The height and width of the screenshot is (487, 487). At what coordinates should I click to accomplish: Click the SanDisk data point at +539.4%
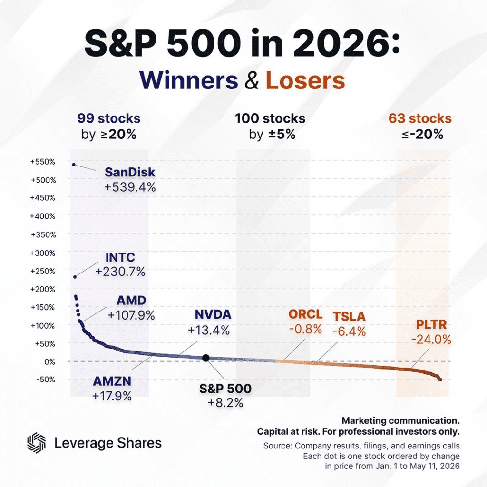(x=74, y=165)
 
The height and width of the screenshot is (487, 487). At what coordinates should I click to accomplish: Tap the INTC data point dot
(x=75, y=277)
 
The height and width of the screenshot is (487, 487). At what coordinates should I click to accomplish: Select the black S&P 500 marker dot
(x=205, y=358)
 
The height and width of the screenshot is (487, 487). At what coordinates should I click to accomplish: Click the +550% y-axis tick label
(x=42, y=162)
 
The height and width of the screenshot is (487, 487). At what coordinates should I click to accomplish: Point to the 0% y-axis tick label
(x=49, y=362)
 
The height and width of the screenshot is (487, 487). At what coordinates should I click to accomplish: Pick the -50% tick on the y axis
(x=46, y=380)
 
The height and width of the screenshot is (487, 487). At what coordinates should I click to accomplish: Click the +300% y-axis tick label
(x=42, y=253)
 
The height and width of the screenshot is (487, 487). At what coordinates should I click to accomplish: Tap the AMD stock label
(x=131, y=301)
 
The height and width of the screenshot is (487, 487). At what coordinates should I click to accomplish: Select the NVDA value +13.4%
(x=209, y=330)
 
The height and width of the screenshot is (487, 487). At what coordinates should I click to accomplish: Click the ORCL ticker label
(x=306, y=314)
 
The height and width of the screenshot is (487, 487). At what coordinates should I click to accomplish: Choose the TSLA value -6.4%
(x=349, y=331)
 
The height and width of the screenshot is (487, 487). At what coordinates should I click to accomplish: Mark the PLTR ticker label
(x=431, y=324)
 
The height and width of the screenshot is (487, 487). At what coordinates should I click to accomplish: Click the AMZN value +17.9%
(x=112, y=396)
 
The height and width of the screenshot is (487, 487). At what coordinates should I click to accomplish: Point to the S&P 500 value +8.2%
(x=225, y=403)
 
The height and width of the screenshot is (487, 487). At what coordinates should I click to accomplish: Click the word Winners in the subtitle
(x=188, y=80)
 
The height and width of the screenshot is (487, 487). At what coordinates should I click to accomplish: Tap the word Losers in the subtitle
(x=305, y=80)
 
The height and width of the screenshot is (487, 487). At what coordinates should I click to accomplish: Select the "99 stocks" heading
(x=109, y=118)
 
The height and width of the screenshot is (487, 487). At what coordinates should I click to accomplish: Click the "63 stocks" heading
(x=420, y=118)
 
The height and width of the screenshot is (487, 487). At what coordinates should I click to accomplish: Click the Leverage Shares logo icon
(x=36, y=443)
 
